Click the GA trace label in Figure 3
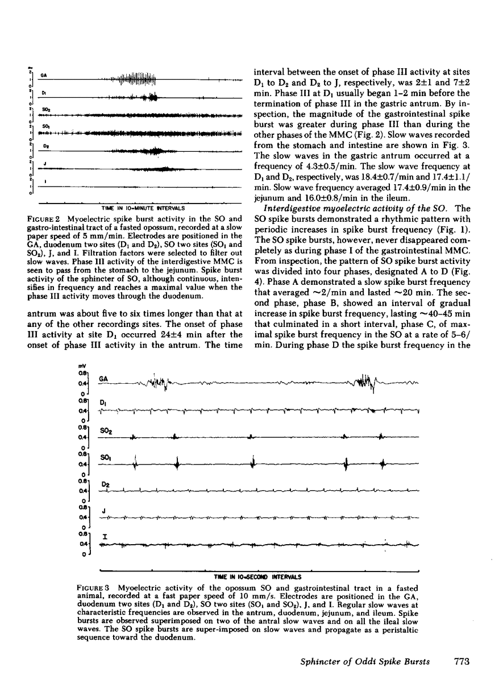point(104,378)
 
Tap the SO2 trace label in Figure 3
point(105,432)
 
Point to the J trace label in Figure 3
point(103,511)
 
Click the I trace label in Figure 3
point(104,536)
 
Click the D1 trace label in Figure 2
point(43,92)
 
